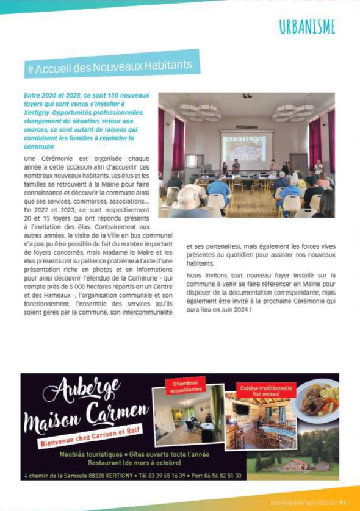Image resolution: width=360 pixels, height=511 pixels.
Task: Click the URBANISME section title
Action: pos(307,27)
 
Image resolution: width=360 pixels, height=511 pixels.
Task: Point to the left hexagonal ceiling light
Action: pos(200,111)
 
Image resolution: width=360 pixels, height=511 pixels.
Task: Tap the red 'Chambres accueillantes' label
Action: pos(185,387)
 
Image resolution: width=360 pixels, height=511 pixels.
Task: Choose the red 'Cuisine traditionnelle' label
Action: pos(266,391)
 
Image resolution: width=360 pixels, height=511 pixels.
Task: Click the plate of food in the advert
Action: pos(317,401)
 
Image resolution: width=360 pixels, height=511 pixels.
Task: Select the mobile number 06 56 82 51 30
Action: pos(221,475)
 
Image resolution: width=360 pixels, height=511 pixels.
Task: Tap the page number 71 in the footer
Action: pos(343,502)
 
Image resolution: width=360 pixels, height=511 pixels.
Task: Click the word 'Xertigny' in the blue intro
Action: pos(37,113)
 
